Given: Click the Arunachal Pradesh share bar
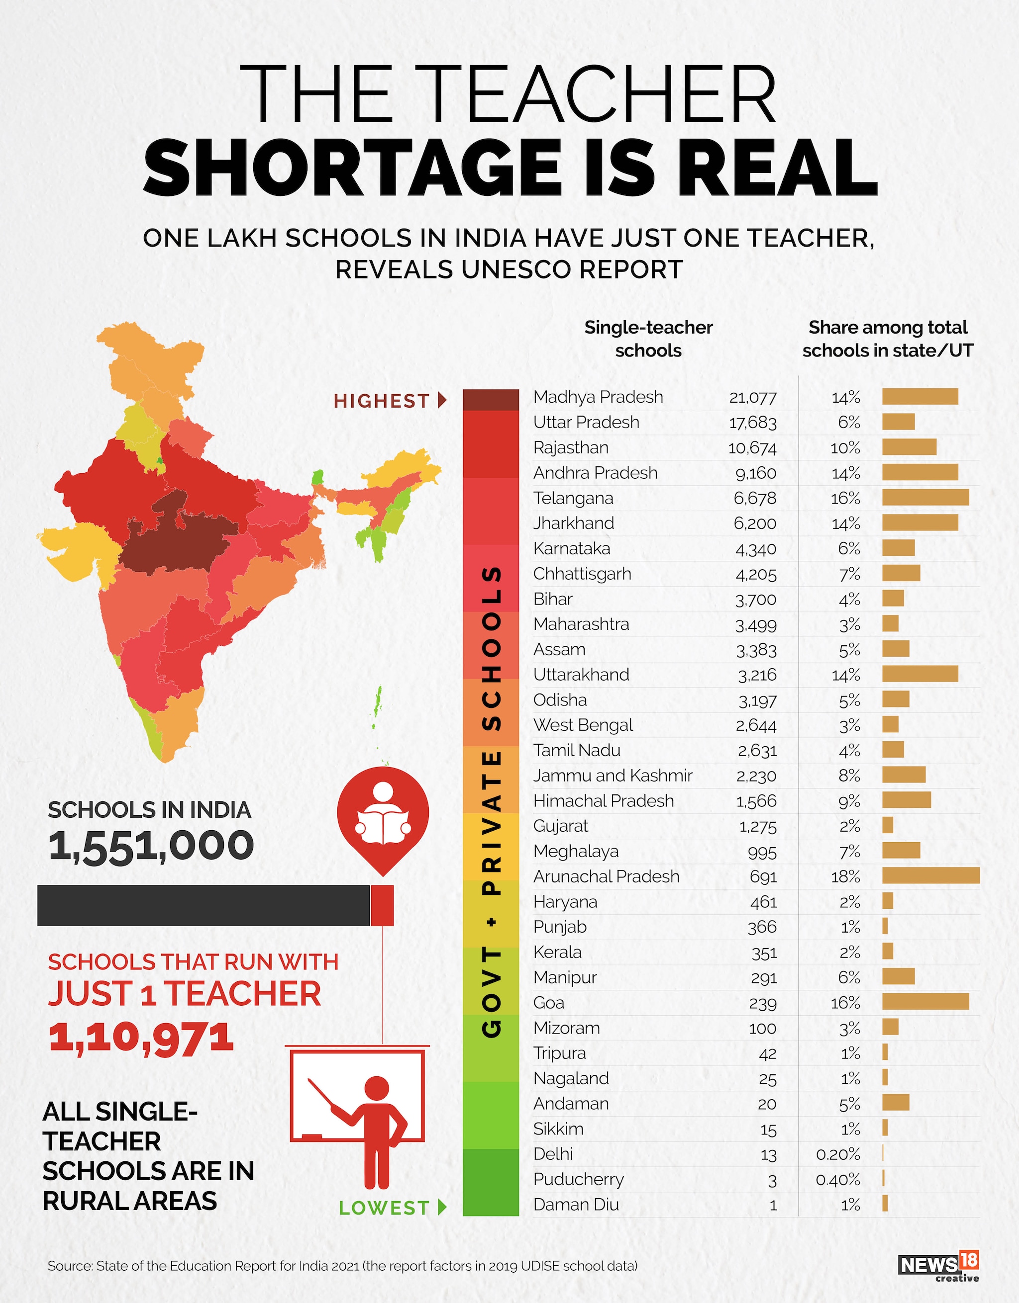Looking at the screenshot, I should click(930, 875).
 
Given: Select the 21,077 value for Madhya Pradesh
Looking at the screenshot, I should click(752, 397).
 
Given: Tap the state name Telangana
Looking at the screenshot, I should click(573, 498).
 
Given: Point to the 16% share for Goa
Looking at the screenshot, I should click(845, 1003).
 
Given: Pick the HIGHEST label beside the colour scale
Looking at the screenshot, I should click(382, 401).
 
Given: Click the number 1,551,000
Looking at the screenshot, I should click(151, 846).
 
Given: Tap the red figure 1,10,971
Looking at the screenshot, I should click(141, 1038).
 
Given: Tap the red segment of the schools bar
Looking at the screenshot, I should click(382, 905).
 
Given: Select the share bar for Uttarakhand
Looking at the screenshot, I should click(920, 674).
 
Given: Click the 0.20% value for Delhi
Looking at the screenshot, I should click(838, 1154).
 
